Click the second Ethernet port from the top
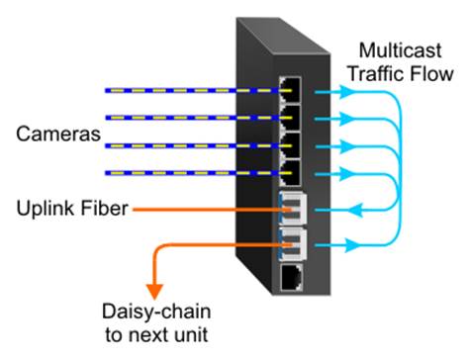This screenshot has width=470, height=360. tap(293, 119)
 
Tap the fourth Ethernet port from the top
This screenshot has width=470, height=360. tap(293, 174)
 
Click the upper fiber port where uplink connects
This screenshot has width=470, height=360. tap(294, 208)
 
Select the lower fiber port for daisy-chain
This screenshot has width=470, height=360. tap(294, 241)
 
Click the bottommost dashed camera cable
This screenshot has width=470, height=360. tap(188, 175)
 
